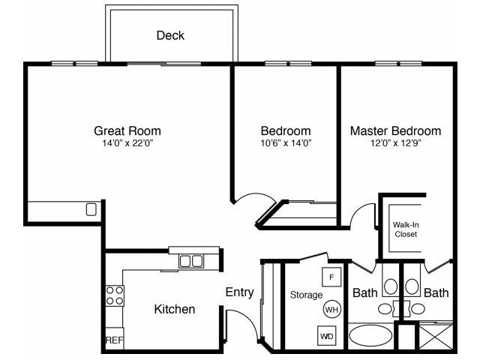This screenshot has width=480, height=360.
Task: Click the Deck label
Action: pyautogui.click(x=170, y=35)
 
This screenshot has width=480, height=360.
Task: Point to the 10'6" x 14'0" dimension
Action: pyautogui.click(x=286, y=142)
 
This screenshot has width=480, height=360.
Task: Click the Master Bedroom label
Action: pyautogui.click(x=395, y=130)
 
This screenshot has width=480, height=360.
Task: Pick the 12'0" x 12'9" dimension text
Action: pyautogui.click(x=395, y=142)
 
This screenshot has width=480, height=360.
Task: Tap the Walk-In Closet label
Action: pyautogui.click(x=406, y=229)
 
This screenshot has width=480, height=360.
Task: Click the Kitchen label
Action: pyautogui.click(x=175, y=309)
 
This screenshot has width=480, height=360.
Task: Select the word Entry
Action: pyautogui.click(x=239, y=292)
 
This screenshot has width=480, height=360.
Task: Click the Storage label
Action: pyautogui.click(x=306, y=295)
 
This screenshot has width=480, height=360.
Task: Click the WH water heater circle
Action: pyautogui.click(x=331, y=308)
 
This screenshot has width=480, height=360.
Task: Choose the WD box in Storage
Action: pyautogui.click(x=327, y=337)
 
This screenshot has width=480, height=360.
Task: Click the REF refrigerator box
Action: pyautogui.click(x=113, y=340)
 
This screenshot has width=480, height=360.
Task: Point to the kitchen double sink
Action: pyautogui.click(x=190, y=261)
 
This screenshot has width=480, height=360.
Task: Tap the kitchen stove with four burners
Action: pyautogui.click(x=114, y=295)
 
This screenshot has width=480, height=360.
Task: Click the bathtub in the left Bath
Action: pyautogui.click(x=370, y=336)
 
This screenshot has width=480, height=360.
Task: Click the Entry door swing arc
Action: pyautogui.click(x=238, y=325)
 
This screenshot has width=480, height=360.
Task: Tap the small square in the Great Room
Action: pyautogui.click(x=91, y=209)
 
